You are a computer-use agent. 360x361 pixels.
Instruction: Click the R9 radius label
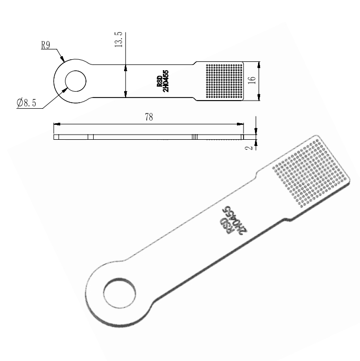45,45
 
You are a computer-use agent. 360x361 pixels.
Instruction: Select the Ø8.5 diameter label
26,103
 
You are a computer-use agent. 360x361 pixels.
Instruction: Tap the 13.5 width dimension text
118,40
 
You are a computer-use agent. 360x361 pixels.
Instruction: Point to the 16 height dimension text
252,80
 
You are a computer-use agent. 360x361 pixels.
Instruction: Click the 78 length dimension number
149,117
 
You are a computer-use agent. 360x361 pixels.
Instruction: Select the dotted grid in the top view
224,81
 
